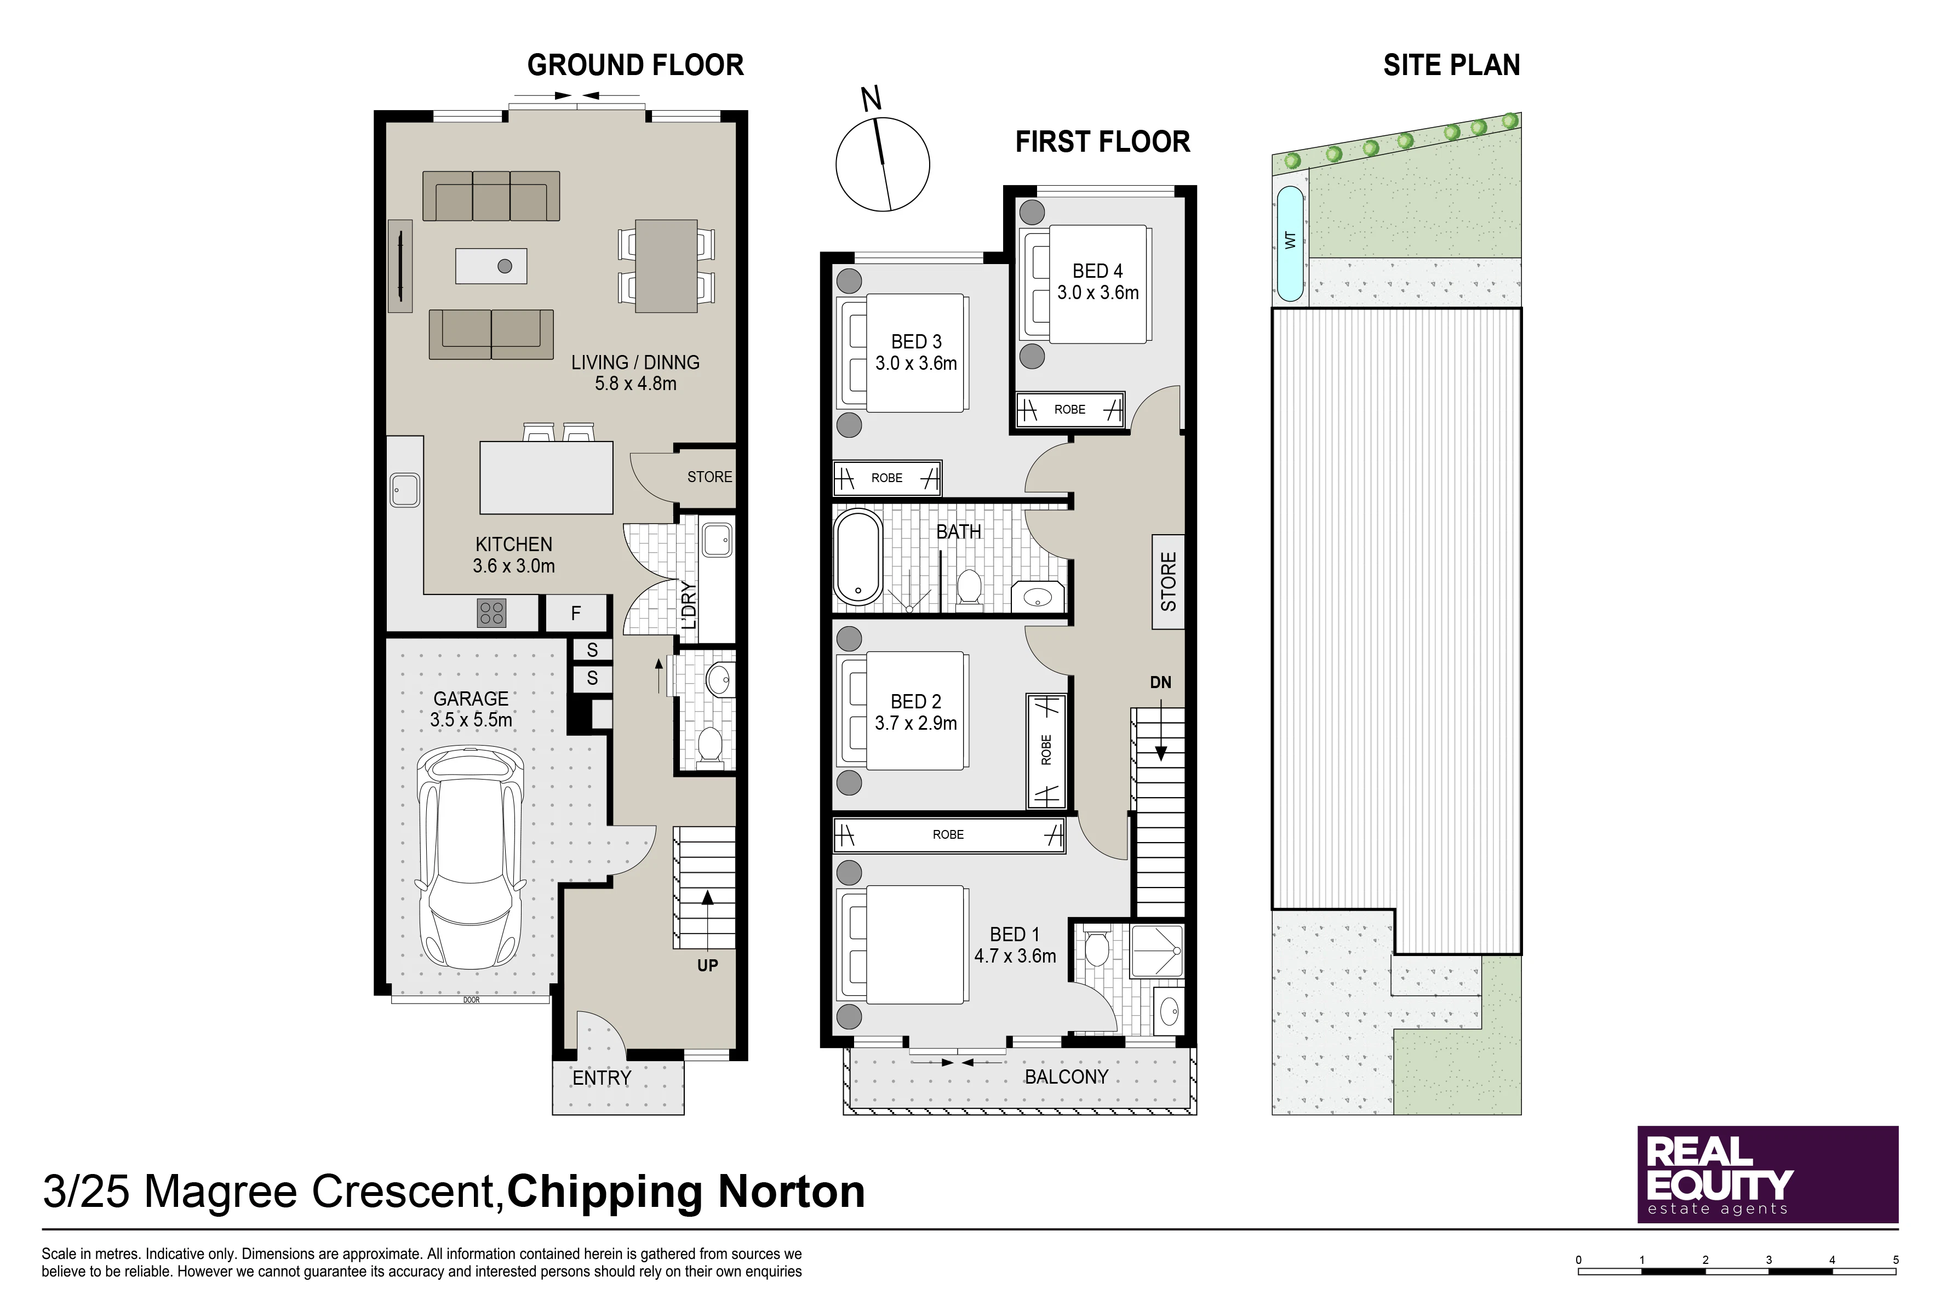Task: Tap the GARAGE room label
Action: point(471,698)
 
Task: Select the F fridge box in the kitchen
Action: point(576,613)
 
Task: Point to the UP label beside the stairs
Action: point(707,965)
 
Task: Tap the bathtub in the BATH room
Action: point(858,558)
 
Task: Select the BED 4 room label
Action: point(1097,271)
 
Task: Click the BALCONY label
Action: point(1066,1077)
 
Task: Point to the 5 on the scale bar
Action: point(1896,1260)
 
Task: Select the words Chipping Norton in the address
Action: point(686,1192)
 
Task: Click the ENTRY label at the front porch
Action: point(602,1078)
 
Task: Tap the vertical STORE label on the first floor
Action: point(1169,582)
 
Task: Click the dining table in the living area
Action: point(666,266)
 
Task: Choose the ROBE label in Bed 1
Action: point(948,835)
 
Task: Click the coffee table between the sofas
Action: point(491,266)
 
